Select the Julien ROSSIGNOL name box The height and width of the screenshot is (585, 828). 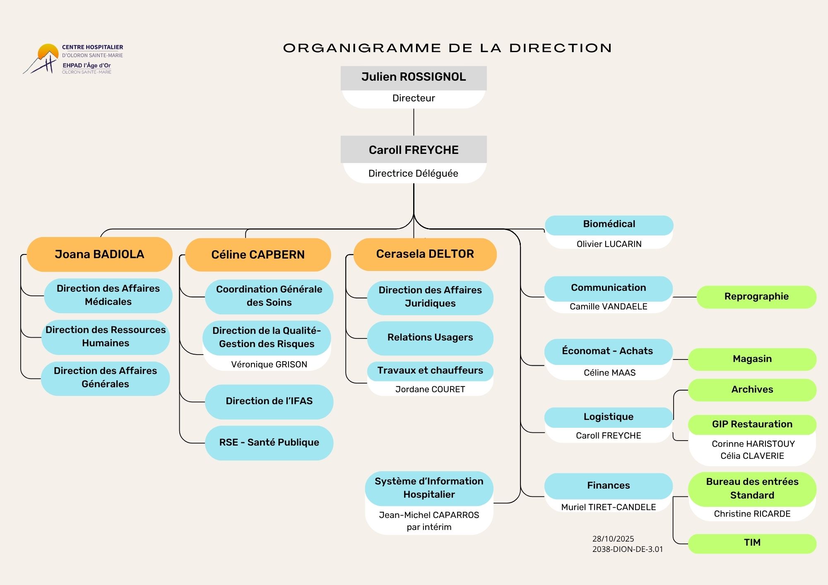point(414,77)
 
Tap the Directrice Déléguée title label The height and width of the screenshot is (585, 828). point(413,173)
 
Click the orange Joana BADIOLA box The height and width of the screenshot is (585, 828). point(99,254)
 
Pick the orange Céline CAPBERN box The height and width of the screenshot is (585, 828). point(258,254)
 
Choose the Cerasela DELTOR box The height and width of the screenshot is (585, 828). point(425,254)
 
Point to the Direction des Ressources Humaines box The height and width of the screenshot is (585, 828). point(106,337)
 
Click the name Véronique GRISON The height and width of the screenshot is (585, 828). point(269,364)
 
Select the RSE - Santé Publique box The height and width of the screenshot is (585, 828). point(269,443)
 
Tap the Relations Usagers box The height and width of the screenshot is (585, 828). point(430,338)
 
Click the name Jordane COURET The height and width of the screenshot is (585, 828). point(430,389)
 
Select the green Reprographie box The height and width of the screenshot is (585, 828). point(756,297)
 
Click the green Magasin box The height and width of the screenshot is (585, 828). point(752,359)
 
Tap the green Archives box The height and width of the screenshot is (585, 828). point(752,390)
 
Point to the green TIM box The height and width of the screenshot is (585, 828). point(752,543)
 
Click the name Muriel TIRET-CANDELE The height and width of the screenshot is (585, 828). point(609,507)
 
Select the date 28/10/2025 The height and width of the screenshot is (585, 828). point(613,539)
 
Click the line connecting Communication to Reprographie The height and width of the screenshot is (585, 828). point(685,297)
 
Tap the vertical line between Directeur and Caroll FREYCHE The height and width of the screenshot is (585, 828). point(414,122)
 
